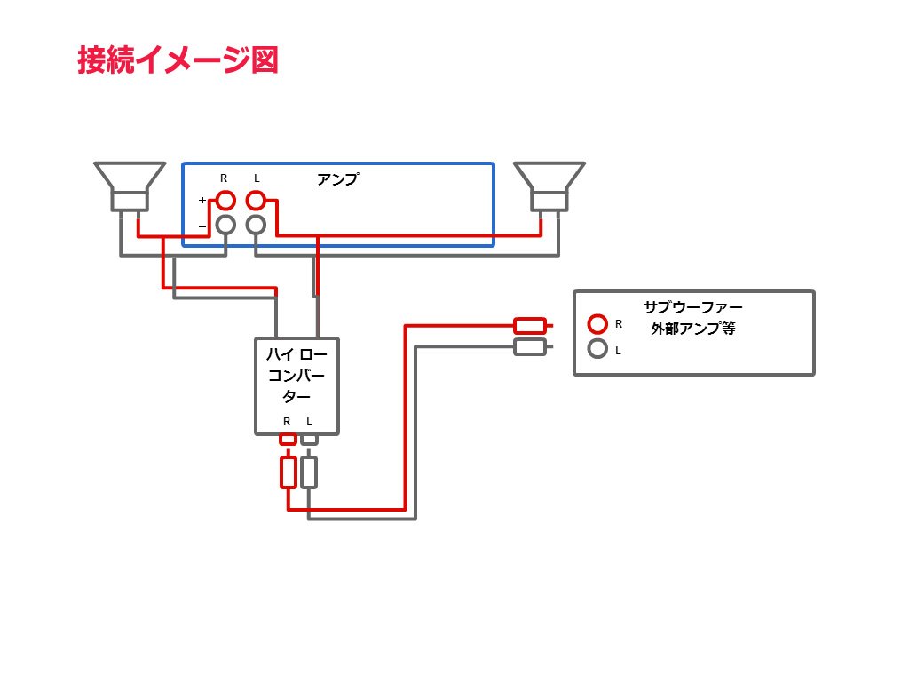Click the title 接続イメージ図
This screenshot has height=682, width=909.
(x=178, y=59)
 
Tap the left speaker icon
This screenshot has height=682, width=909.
(x=130, y=186)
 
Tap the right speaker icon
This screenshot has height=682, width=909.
(x=550, y=186)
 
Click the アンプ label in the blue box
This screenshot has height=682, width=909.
(x=337, y=179)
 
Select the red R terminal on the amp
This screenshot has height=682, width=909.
(x=225, y=200)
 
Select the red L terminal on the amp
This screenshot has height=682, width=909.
(x=257, y=200)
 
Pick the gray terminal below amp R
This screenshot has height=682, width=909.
(x=225, y=225)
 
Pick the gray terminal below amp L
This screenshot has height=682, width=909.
(x=257, y=225)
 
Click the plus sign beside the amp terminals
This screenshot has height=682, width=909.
(x=202, y=200)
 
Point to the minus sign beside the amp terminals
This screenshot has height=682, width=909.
(x=202, y=226)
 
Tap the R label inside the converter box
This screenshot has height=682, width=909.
(x=287, y=421)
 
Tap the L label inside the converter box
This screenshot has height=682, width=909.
(x=309, y=421)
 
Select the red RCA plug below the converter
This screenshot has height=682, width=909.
(x=288, y=472)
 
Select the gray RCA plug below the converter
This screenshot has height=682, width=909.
(x=309, y=472)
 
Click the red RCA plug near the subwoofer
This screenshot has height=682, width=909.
(x=530, y=326)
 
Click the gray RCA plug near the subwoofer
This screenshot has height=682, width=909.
(x=530, y=347)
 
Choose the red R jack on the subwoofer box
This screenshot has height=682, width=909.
(x=598, y=324)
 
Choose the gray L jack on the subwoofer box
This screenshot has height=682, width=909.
(x=598, y=350)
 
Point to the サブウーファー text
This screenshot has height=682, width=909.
(x=693, y=307)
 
